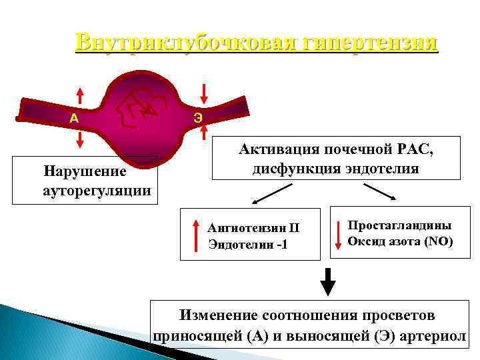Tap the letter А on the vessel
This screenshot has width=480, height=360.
75,118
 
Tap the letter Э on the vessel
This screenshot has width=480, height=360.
198,118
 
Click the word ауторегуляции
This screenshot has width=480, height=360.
96,191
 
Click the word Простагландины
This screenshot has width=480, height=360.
399,225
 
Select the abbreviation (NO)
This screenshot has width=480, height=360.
438,241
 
